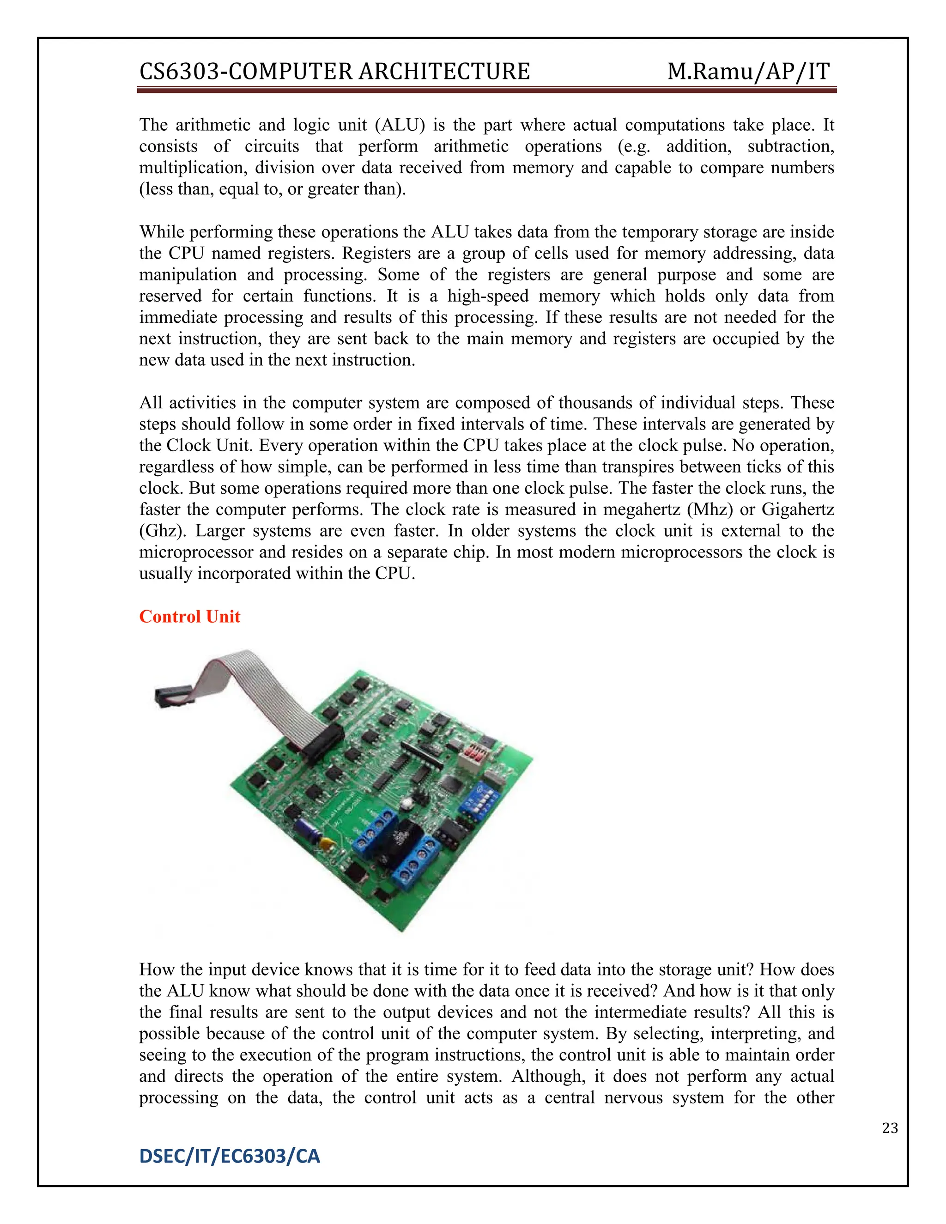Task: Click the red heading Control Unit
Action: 189,617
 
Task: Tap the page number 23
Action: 889,1128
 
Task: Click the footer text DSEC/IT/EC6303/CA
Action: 229,1156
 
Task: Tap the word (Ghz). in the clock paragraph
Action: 163,531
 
